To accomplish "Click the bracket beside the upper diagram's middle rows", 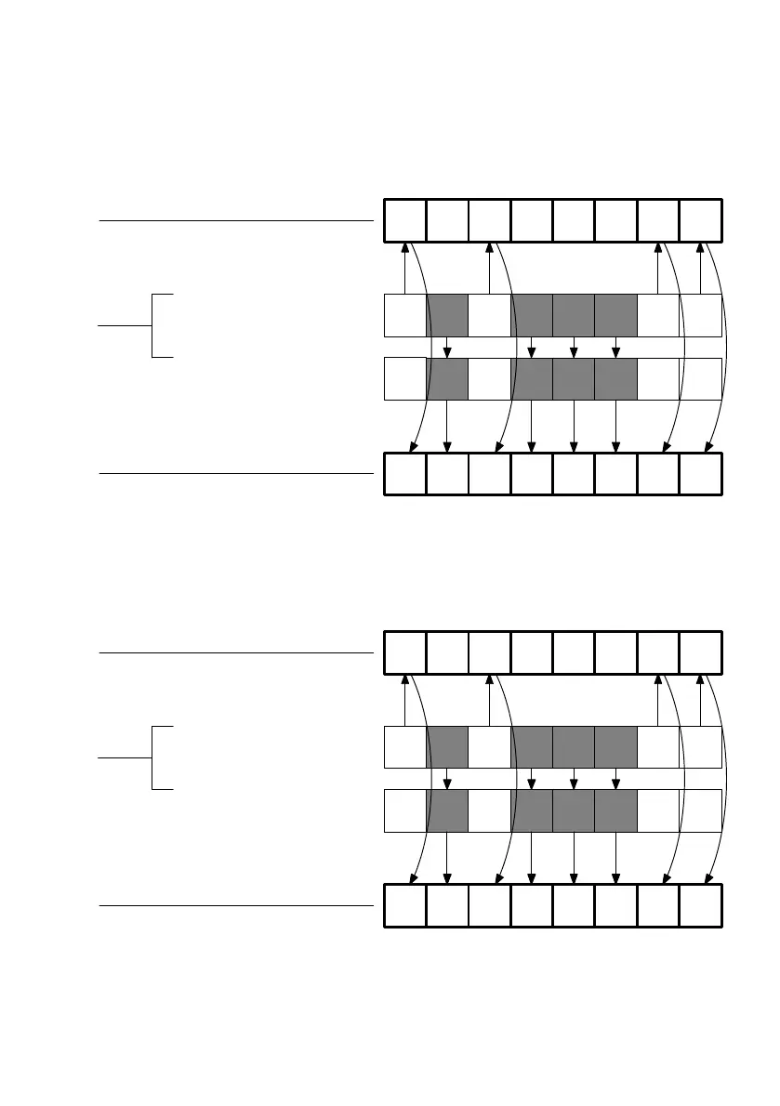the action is coord(152,325).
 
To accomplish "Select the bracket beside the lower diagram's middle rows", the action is coord(152,757).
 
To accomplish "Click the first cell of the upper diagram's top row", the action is coord(405,220).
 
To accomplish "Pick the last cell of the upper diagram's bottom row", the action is coord(700,473).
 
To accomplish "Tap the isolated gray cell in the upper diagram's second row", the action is coord(447,315).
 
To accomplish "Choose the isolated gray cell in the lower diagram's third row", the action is coord(447,810).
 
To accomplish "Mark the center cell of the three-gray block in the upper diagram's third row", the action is coord(574,378).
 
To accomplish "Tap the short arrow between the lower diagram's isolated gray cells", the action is coord(447,779).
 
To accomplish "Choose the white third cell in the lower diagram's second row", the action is coord(489,747).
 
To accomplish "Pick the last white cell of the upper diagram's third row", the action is coord(700,378).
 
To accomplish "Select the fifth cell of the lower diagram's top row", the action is coord(574,652).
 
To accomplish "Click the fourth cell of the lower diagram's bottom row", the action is coord(532,905).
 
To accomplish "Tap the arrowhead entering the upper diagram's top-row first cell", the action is coord(405,247).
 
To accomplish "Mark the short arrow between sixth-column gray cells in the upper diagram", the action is coord(615,347).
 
